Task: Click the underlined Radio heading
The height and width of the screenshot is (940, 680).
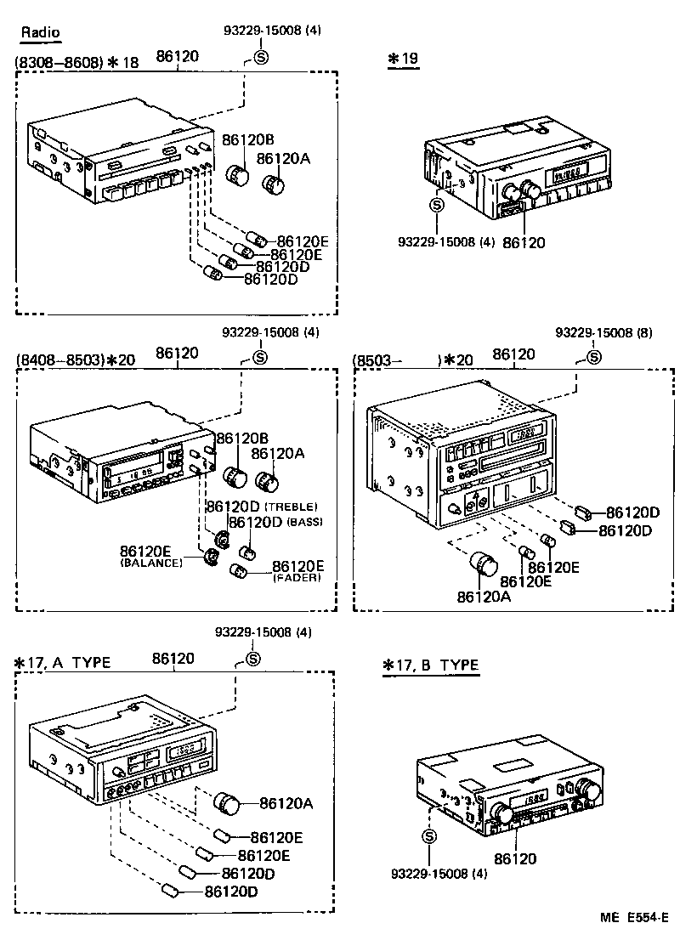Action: [41, 33]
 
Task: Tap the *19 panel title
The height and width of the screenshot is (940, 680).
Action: [403, 59]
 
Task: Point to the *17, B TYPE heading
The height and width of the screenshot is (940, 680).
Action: [431, 665]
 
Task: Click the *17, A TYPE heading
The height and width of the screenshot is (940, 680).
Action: [63, 662]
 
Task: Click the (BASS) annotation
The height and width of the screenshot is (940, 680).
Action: [304, 521]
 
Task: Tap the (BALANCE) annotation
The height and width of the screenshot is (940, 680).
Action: [151, 563]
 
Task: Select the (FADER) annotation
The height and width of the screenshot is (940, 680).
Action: [297, 578]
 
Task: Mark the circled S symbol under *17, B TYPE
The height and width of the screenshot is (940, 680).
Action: [428, 836]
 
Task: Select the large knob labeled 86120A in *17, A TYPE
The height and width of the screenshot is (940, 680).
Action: [227, 801]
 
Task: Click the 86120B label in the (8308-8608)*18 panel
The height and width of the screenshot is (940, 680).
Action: [248, 139]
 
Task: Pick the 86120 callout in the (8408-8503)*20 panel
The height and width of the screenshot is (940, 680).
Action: [177, 352]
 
